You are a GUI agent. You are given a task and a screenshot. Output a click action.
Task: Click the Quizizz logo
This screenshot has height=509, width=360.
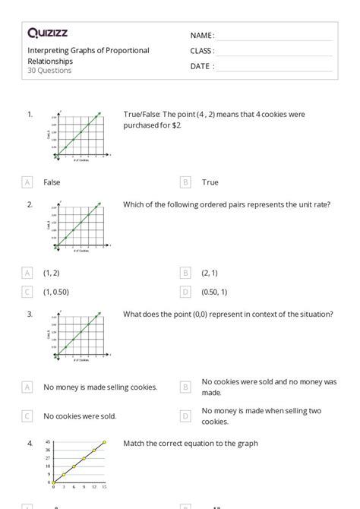click(x=48, y=33)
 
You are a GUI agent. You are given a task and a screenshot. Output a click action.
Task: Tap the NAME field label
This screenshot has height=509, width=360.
click(x=201, y=36)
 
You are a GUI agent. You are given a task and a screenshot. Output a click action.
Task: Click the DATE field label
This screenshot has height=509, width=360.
click(x=201, y=66)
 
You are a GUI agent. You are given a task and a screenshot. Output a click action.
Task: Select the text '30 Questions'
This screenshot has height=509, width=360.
click(x=49, y=71)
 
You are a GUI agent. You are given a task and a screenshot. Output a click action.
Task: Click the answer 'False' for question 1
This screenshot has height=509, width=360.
click(x=52, y=182)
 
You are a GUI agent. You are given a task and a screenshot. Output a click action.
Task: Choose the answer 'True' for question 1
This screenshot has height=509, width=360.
click(x=210, y=182)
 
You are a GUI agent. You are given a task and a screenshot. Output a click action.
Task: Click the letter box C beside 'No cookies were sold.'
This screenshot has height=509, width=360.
click(x=27, y=416)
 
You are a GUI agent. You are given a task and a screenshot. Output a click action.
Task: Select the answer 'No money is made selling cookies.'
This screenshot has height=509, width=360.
click(x=100, y=387)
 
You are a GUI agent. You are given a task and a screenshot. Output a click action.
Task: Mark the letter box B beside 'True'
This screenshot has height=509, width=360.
click(x=185, y=182)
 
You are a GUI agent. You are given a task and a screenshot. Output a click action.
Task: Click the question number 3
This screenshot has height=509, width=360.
click(x=30, y=315)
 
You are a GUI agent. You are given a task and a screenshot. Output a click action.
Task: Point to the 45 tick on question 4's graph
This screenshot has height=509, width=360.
click(x=47, y=442)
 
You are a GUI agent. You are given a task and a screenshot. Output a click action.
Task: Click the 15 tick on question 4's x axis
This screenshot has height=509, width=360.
click(x=104, y=487)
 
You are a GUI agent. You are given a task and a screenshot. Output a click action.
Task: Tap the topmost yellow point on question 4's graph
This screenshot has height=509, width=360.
click(x=104, y=442)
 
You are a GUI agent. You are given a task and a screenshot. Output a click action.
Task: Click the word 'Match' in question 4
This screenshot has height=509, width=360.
click(x=134, y=444)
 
